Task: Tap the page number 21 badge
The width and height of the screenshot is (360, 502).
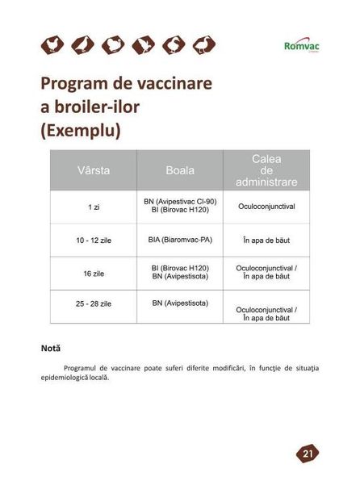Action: click(x=308, y=454)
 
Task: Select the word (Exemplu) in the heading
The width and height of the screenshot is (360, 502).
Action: click(x=80, y=130)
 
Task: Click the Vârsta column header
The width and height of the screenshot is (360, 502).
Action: click(x=94, y=171)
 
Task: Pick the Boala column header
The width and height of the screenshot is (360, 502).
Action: click(x=179, y=171)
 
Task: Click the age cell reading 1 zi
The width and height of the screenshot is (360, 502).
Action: click(x=94, y=207)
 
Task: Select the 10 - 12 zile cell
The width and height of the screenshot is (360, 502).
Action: click(x=94, y=240)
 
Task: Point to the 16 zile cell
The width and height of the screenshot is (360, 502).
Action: click(x=94, y=274)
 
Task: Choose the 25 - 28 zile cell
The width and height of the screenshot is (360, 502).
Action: click(x=94, y=303)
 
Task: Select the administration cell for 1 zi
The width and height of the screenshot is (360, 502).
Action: click(x=266, y=207)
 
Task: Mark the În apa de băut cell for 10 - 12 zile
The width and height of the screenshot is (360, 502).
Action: click(x=266, y=241)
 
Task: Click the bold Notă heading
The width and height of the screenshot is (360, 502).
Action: click(x=51, y=349)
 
